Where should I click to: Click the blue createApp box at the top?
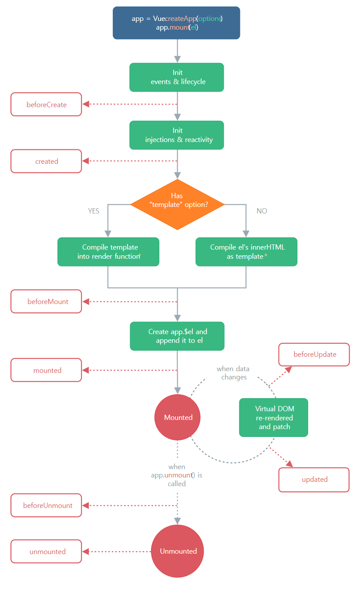pos(176,23)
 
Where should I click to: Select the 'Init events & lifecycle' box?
pos(177,77)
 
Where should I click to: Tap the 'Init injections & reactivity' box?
pos(177,135)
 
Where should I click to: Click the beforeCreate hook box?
pos(46,105)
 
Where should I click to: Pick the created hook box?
pos(46,161)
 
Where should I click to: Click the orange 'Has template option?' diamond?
pos(177,204)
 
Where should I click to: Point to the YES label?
pos(94,211)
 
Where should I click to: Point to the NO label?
pos(262,211)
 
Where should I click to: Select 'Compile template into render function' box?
pos(108,252)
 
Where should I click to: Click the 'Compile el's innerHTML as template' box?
pos(246,252)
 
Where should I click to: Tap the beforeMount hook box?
pos(46,301)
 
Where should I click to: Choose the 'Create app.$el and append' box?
pos(177,336)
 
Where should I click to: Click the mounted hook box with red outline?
pos(46,370)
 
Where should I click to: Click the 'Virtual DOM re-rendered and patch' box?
pos(273,417)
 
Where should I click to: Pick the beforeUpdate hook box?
pos(314,355)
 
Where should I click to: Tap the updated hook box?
pos(314,480)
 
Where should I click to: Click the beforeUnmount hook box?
pos(46,505)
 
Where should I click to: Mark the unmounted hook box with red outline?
pos(46,551)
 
